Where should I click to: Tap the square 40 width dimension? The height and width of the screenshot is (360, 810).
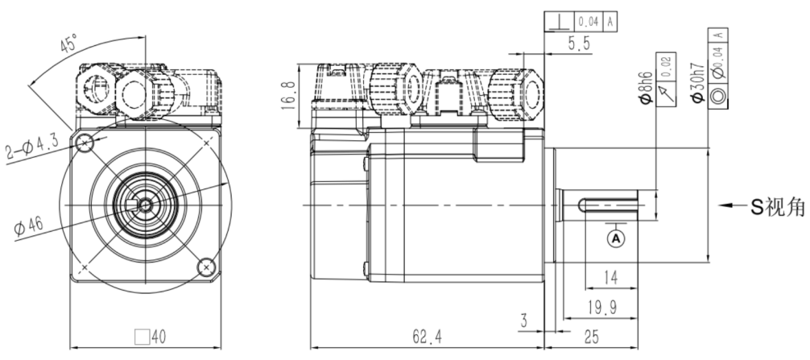click(144, 336)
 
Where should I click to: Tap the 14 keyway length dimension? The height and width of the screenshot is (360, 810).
click(609, 278)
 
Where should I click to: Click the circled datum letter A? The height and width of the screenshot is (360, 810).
click(616, 238)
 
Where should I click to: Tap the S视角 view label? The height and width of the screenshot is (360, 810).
click(778, 206)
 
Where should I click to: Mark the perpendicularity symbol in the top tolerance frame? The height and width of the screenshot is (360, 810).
click(556, 23)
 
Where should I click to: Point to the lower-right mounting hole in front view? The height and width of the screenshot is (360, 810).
click(206, 265)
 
